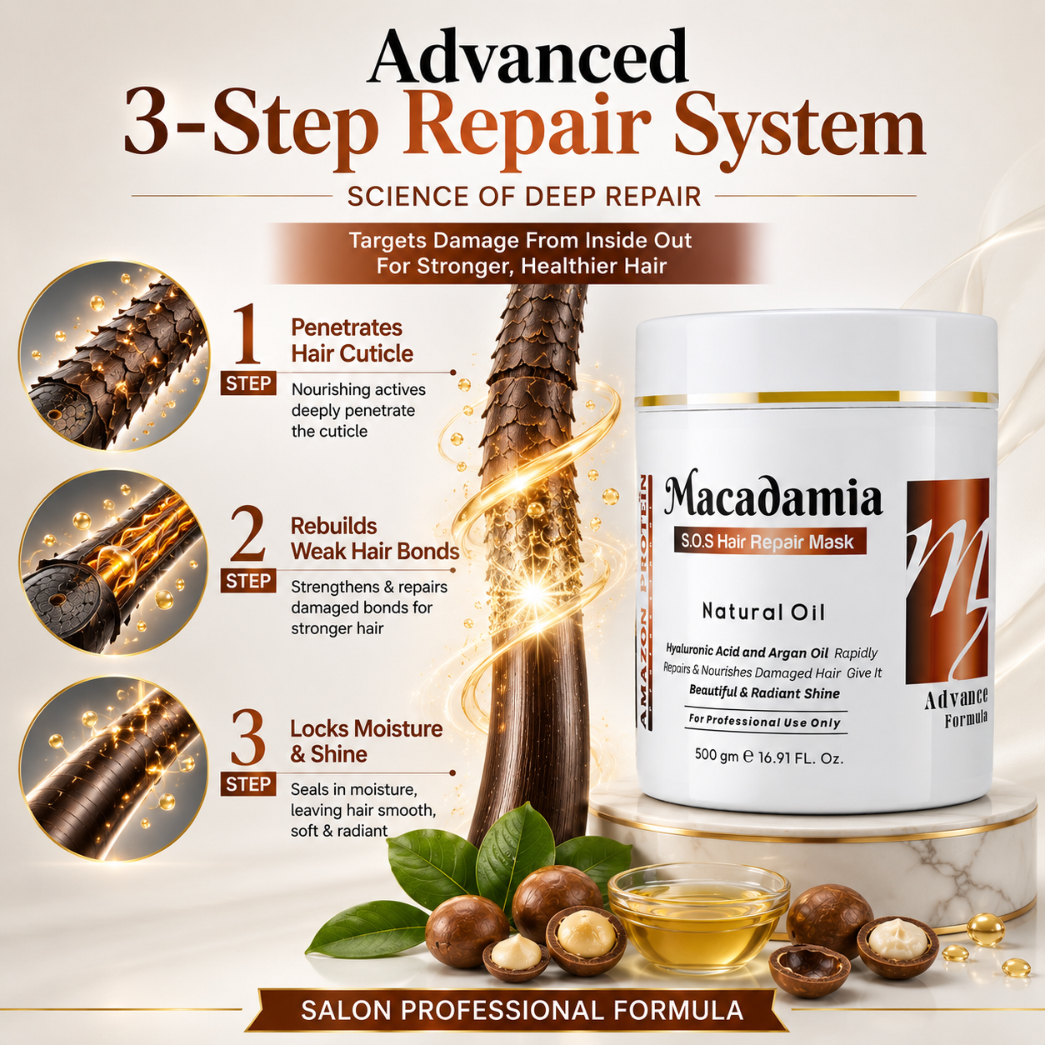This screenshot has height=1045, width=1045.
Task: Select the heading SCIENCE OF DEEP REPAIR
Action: [x=524, y=197]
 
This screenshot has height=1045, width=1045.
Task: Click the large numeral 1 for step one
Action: [x=247, y=334]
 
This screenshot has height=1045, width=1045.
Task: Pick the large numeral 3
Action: [x=247, y=737]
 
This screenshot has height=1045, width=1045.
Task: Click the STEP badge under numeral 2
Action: [x=248, y=581]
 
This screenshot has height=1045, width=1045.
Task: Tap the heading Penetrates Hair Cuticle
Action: [x=352, y=341]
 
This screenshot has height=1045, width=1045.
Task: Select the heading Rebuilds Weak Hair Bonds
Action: [x=375, y=538]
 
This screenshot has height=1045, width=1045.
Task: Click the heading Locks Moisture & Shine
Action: [x=367, y=742]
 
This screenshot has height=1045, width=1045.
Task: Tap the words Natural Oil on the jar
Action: [x=763, y=612]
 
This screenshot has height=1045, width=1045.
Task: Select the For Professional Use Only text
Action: [x=765, y=722]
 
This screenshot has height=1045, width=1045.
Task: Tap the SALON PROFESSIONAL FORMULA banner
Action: [x=522, y=1010]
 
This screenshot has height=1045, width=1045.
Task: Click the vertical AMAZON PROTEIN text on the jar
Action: [x=647, y=602]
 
